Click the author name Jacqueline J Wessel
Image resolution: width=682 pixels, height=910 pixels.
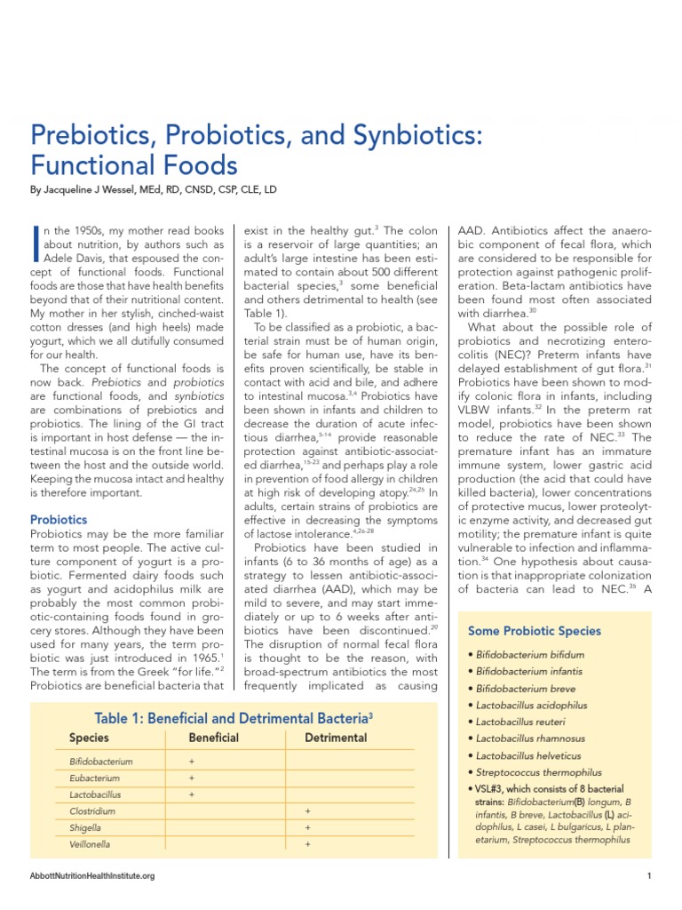[x=111, y=190]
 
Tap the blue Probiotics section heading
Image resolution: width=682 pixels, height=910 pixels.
[x=59, y=518]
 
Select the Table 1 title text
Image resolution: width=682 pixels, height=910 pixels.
[x=234, y=718]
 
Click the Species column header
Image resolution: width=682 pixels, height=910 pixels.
[x=89, y=738]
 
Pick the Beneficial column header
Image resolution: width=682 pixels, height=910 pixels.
[x=214, y=738]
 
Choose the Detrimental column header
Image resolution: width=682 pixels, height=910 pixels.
[x=336, y=738]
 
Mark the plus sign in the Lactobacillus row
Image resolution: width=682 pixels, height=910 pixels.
[x=192, y=794]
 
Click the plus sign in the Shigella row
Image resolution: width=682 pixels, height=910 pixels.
[x=307, y=827]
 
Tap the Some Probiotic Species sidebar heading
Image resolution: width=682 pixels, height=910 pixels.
[x=535, y=631]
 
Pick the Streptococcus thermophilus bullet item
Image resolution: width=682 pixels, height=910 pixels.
[x=538, y=772]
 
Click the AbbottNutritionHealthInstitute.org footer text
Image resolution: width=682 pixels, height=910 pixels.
[x=92, y=876]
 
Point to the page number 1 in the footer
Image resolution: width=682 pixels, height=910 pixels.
[x=650, y=876]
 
